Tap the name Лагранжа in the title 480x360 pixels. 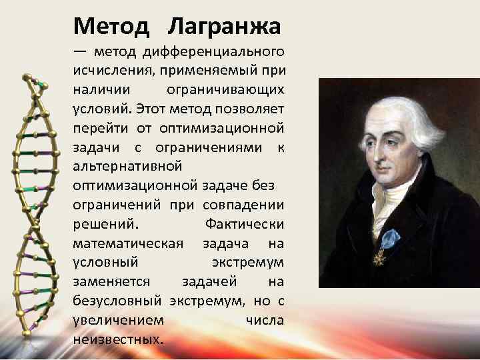[x=225, y=27]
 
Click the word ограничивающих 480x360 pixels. [x=235, y=88]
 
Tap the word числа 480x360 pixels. [x=265, y=320]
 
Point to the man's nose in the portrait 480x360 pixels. [x=368, y=155]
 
